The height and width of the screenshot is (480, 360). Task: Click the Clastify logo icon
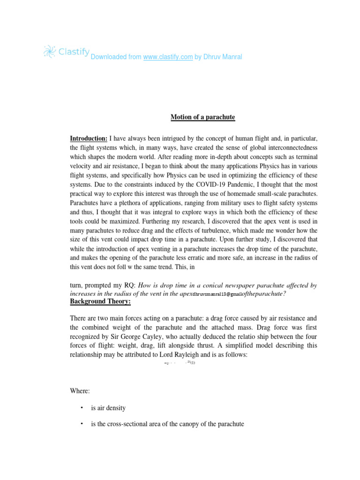tap(49, 51)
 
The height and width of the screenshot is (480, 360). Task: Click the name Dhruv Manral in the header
tap(222, 57)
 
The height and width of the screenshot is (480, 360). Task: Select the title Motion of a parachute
tap(202, 117)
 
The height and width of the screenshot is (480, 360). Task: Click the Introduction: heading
tap(89, 139)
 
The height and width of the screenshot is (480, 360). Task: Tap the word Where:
tap(79, 391)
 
